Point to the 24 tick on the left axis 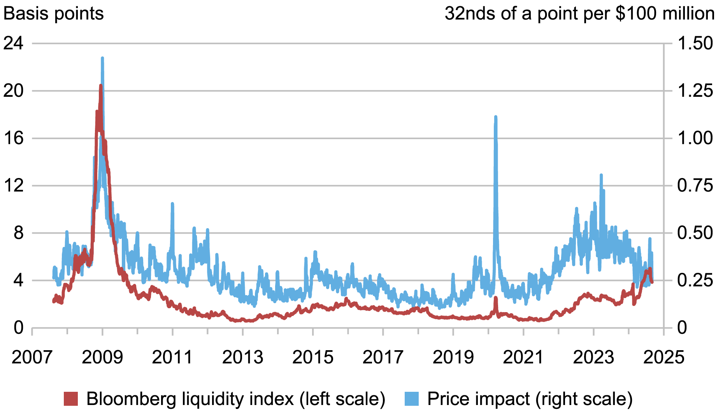(x=13, y=44)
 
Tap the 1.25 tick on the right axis (x=695, y=91)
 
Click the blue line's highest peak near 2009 (x=102, y=58)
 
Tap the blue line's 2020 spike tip (x=495, y=117)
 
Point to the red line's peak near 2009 (x=101, y=86)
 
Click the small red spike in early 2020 (x=496, y=298)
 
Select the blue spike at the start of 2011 (x=172, y=204)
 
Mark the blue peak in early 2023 (x=601, y=175)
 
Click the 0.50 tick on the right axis (x=695, y=233)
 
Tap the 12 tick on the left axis (x=13, y=186)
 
